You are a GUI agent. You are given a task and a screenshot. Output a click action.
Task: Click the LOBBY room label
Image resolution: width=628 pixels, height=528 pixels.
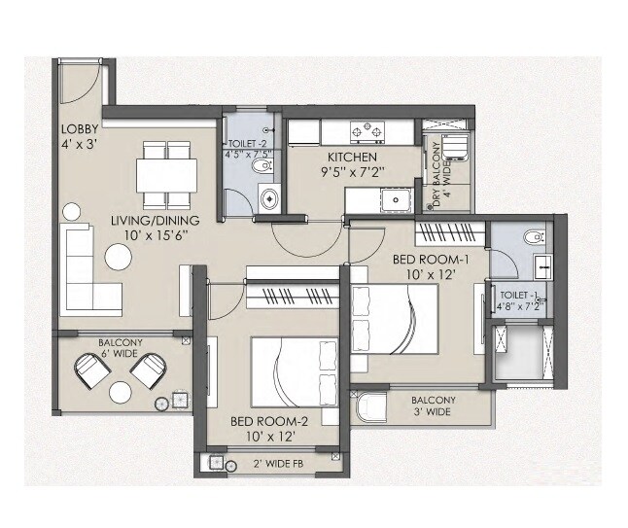coord(79,128)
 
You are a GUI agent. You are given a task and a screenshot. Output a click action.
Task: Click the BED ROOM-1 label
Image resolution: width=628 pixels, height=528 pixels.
coord(430,260)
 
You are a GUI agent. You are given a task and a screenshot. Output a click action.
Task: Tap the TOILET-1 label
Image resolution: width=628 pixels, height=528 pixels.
coord(516,294)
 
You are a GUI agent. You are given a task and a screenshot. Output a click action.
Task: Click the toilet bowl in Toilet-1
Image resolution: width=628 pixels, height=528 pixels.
coord(532,236)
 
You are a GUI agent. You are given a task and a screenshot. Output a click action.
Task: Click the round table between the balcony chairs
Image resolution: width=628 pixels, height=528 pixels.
coord(121,392)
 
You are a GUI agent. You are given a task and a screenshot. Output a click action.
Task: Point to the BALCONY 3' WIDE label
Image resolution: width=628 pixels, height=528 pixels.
coord(433,405)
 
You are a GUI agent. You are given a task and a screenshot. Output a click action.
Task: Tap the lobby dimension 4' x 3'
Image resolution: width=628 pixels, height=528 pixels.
coord(78,146)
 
